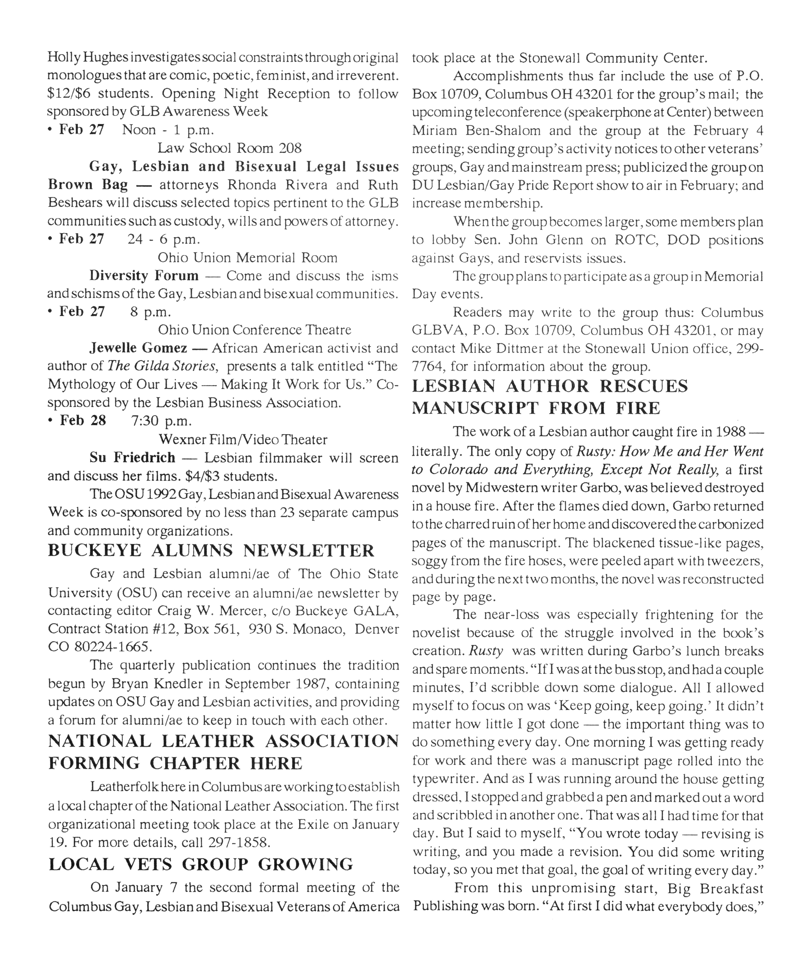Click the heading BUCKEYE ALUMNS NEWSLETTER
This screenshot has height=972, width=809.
point(211,550)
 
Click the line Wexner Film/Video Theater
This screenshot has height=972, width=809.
point(243,439)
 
